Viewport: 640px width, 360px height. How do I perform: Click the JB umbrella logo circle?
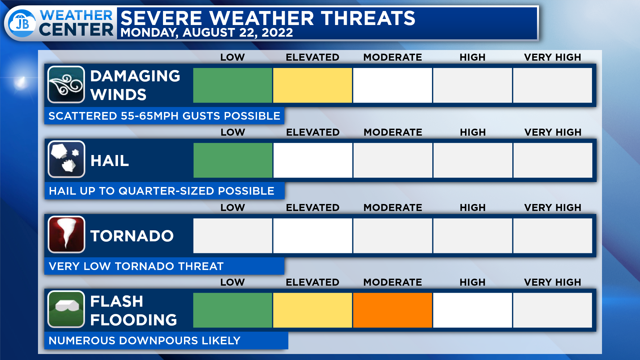click(22, 23)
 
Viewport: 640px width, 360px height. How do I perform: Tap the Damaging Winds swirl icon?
click(66, 85)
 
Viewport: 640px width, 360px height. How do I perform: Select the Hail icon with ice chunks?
click(66, 159)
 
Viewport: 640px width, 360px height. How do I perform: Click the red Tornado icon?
click(66, 234)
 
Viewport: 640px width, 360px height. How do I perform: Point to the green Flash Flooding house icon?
click(66, 309)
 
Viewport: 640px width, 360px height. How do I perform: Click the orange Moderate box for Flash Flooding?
click(393, 310)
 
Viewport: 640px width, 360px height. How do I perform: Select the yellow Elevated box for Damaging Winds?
click(313, 85)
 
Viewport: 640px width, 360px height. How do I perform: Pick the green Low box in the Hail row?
click(233, 160)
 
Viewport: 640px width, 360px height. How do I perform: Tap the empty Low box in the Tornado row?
click(233, 236)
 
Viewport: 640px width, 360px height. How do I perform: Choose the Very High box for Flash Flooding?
click(553, 310)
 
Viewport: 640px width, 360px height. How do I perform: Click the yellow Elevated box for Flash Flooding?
click(313, 310)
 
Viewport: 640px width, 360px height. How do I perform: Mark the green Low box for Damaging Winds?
click(233, 85)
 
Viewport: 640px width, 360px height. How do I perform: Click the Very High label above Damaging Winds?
click(553, 57)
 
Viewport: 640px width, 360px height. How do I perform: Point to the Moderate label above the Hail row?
click(393, 132)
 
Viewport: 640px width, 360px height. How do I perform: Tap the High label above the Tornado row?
click(473, 208)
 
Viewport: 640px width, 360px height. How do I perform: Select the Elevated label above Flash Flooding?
click(313, 282)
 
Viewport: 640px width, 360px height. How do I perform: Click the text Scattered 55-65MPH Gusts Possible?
click(164, 116)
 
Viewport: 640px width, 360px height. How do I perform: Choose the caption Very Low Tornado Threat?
click(136, 266)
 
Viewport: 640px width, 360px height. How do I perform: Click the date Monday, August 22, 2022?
click(207, 33)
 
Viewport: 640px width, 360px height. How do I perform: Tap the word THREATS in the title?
click(368, 18)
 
